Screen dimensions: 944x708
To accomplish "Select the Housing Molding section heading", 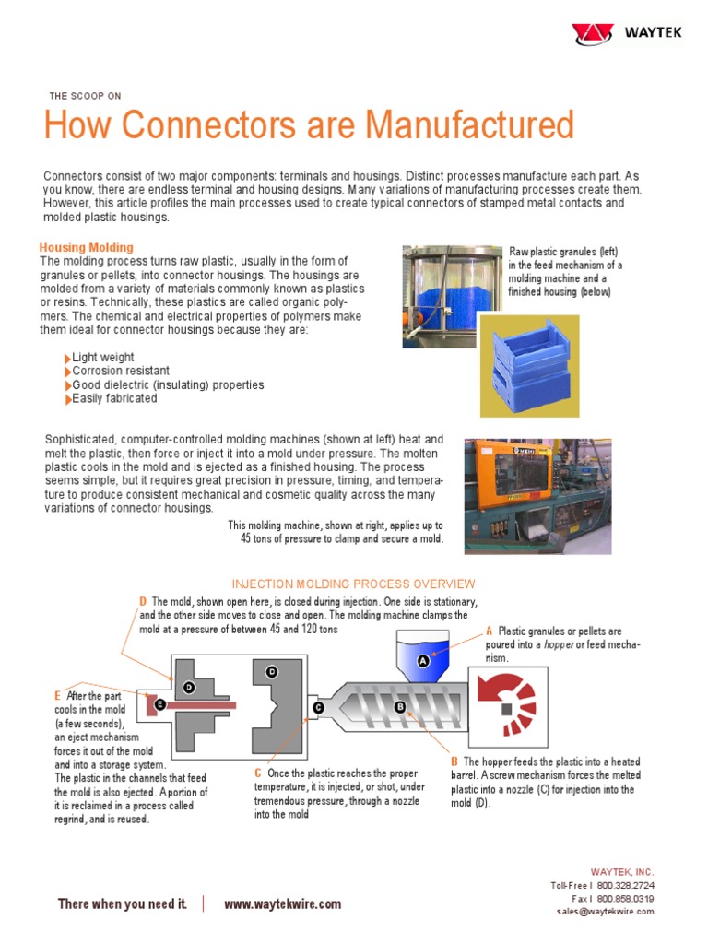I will (x=86, y=247).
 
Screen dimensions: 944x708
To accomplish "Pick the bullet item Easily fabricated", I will (x=114, y=398).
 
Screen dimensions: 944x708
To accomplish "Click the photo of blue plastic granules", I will (x=452, y=296).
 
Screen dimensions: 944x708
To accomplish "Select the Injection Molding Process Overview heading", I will (x=353, y=584).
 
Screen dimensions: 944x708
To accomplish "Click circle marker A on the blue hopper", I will (x=424, y=661).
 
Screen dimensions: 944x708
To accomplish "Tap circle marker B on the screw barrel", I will (x=400, y=707).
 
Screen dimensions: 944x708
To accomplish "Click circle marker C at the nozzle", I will (x=318, y=707).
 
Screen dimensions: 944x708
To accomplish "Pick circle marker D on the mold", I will (x=188, y=687).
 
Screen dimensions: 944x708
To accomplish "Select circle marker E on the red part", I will (x=160, y=704).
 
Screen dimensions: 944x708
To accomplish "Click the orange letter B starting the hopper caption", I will (x=454, y=761).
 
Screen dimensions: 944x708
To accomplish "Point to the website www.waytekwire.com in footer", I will (x=282, y=904).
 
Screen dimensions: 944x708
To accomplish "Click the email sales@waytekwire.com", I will (x=605, y=911).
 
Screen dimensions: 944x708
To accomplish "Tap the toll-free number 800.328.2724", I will (x=625, y=885).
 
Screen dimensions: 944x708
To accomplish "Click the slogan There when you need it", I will (x=122, y=904).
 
